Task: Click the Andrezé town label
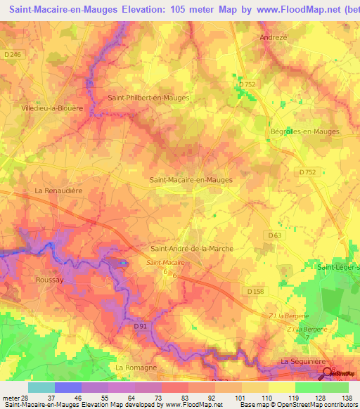point(274,37)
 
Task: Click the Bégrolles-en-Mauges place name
point(304,131)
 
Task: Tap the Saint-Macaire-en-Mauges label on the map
point(191,180)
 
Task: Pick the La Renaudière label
point(58,190)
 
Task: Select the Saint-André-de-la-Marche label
point(192,249)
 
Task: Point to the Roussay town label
point(49,279)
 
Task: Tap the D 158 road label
point(257,290)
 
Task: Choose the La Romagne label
point(136,367)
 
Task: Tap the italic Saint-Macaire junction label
point(161,262)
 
